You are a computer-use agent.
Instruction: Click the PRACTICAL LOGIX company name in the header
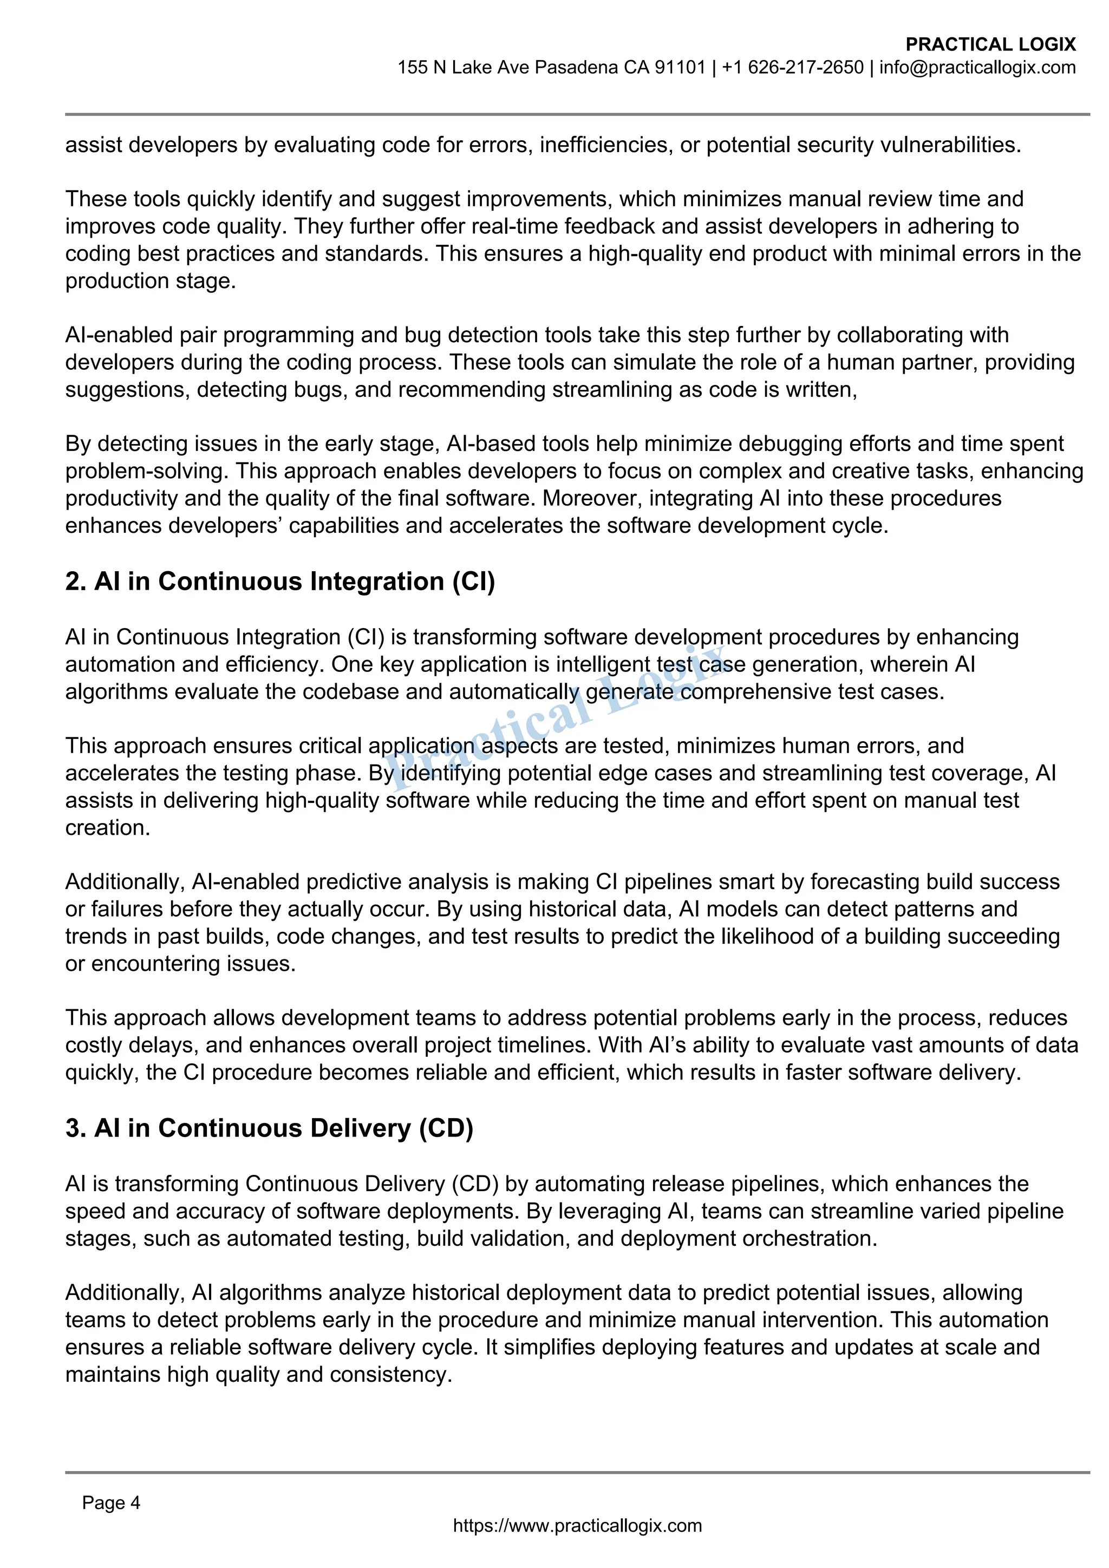(x=990, y=44)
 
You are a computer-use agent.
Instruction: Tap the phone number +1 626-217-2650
(x=793, y=68)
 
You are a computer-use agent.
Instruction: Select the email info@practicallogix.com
(x=977, y=68)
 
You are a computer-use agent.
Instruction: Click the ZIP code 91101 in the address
(x=680, y=68)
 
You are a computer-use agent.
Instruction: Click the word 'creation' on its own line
(x=107, y=828)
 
